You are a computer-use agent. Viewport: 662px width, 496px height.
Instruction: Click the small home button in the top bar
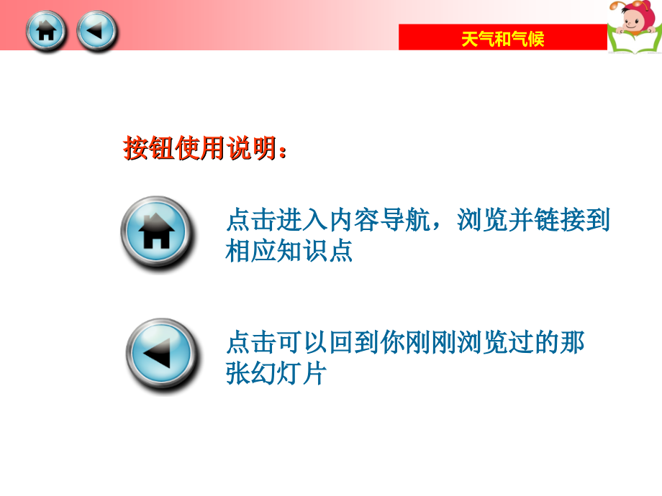[x=46, y=31]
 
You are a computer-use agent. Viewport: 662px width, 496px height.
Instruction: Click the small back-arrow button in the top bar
[x=96, y=31]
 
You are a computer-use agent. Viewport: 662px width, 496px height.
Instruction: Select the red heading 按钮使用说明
[x=204, y=150]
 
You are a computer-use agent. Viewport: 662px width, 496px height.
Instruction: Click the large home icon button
[x=157, y=232]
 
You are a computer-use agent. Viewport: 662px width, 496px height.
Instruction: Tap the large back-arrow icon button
[x=161, y=354]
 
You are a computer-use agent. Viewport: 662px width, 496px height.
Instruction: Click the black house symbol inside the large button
[x=157, y=231]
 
